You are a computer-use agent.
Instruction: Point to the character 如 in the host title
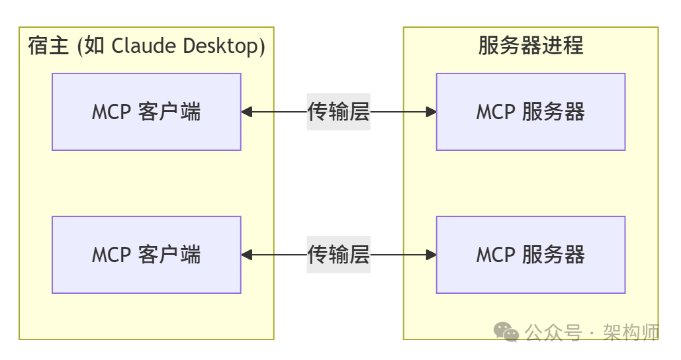click(95, 46)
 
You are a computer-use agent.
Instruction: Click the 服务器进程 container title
click(530, 46)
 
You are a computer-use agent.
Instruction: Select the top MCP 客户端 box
click(146, 112)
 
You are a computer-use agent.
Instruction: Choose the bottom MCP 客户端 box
click(146, 255)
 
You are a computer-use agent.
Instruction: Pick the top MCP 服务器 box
click(530, 112)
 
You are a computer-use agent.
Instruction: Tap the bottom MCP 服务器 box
click(530, 255)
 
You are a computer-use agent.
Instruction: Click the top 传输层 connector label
click(338, 112)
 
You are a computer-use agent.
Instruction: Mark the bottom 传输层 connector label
click(338, 255)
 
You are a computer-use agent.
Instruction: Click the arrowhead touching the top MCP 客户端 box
click(247, 112)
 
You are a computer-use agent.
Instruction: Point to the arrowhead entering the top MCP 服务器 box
click(431, 112)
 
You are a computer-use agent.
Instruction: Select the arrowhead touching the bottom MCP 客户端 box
click(247, 255)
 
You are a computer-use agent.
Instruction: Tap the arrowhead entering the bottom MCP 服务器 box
click(431, 255)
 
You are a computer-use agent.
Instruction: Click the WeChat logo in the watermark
click(508, 332)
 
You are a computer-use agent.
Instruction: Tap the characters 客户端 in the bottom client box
click(169, 255)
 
